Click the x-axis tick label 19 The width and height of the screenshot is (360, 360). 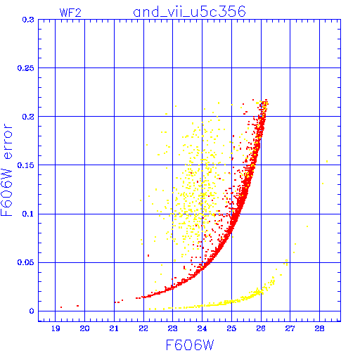[56, 328]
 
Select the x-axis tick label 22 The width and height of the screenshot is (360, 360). [143, 328]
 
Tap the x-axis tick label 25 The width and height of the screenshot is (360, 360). [231, 328]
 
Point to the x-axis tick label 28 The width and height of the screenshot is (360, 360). [319, 328]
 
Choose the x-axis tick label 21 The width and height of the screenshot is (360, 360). [114, 328]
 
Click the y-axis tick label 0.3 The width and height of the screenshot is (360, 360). [28, 20]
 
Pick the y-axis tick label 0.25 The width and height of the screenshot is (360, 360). [25, 68]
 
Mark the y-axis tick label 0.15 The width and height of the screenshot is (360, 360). [25, 165]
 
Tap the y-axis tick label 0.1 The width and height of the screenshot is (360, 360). [28, 214]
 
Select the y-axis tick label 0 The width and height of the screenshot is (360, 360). [32, 311]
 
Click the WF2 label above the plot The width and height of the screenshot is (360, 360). [70, 13]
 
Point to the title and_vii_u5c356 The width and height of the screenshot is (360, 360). [189, 12]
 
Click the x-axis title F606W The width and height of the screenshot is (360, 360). [190, 345]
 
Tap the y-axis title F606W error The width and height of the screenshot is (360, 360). [6, 170]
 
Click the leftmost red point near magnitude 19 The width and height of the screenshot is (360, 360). [61, 307]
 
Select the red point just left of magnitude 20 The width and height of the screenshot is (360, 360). [77, 306]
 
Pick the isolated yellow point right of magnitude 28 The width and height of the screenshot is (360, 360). [327, 161]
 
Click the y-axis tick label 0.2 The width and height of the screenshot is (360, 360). [28, 117]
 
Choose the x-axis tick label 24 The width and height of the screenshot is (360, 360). [202, 328]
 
